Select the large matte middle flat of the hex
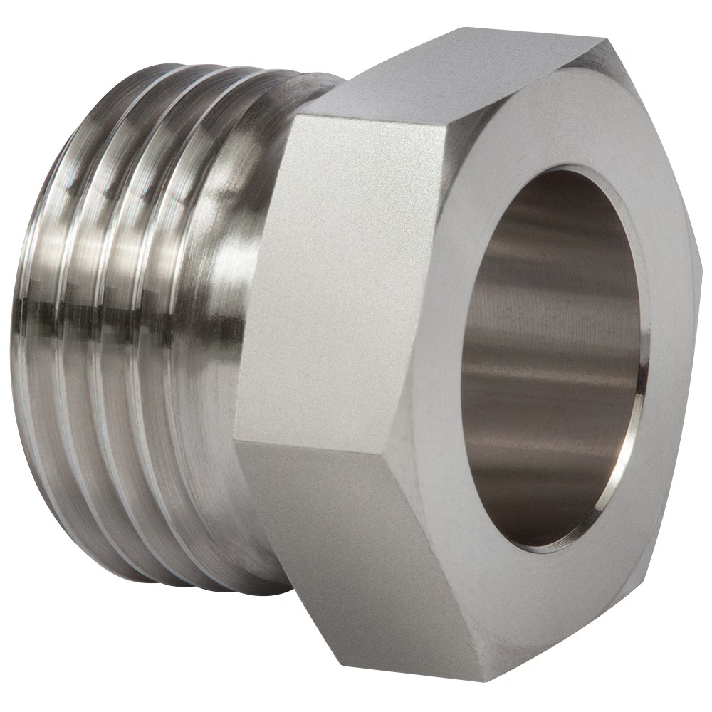point(342,278)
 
